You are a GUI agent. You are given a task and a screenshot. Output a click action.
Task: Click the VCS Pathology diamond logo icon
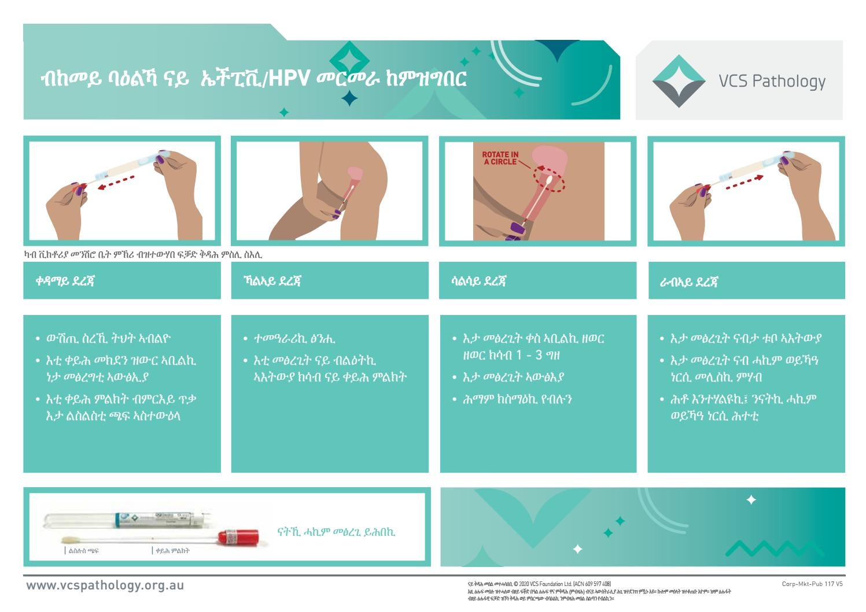tap(679, 81)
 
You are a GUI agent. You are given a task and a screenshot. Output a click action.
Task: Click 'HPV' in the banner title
tap(289, 79)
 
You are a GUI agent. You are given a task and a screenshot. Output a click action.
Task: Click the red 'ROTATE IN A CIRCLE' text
tap(500, 158)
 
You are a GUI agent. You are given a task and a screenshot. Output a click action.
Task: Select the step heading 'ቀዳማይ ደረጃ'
tap(65, 281)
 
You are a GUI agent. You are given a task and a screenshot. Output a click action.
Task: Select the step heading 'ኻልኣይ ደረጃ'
tap(272, 281)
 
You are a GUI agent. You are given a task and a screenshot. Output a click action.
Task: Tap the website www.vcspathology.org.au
tap(105, 585)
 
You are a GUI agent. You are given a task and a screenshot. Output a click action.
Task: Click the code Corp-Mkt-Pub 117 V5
tap(812, 584)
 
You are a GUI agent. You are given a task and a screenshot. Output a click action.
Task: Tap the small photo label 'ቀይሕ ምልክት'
tap(172, 551)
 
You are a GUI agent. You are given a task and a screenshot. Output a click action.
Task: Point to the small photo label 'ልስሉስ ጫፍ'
tap(83, 551)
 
